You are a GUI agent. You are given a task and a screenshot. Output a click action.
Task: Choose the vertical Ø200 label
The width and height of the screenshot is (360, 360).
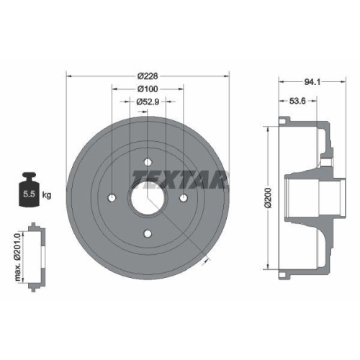(268, 197)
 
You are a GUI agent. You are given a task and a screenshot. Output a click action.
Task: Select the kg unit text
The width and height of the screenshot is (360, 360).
(47, 195)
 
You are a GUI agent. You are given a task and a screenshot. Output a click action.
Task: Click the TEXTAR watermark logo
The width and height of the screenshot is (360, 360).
(180, 178)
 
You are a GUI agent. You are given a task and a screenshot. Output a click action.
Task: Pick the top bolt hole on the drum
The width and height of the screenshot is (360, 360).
(147, 161)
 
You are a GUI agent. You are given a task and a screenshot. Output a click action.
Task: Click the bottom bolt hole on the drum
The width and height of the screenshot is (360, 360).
(147, 232)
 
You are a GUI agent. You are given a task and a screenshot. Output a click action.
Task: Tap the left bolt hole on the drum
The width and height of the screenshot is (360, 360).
(112, 197)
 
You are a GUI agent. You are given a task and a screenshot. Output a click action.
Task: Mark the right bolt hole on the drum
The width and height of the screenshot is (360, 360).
(182, 197)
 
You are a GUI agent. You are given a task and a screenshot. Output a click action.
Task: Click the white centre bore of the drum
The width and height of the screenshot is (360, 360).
(147, 197)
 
